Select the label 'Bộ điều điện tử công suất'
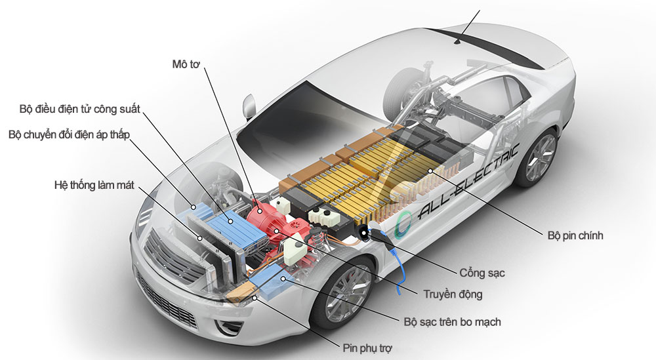tap(80, 108)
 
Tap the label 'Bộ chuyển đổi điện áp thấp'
tap(70, 134)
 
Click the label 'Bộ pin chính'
tap(575, 235)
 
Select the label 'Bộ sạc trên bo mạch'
tap(453, 322)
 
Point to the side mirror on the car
tap(248, 105)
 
